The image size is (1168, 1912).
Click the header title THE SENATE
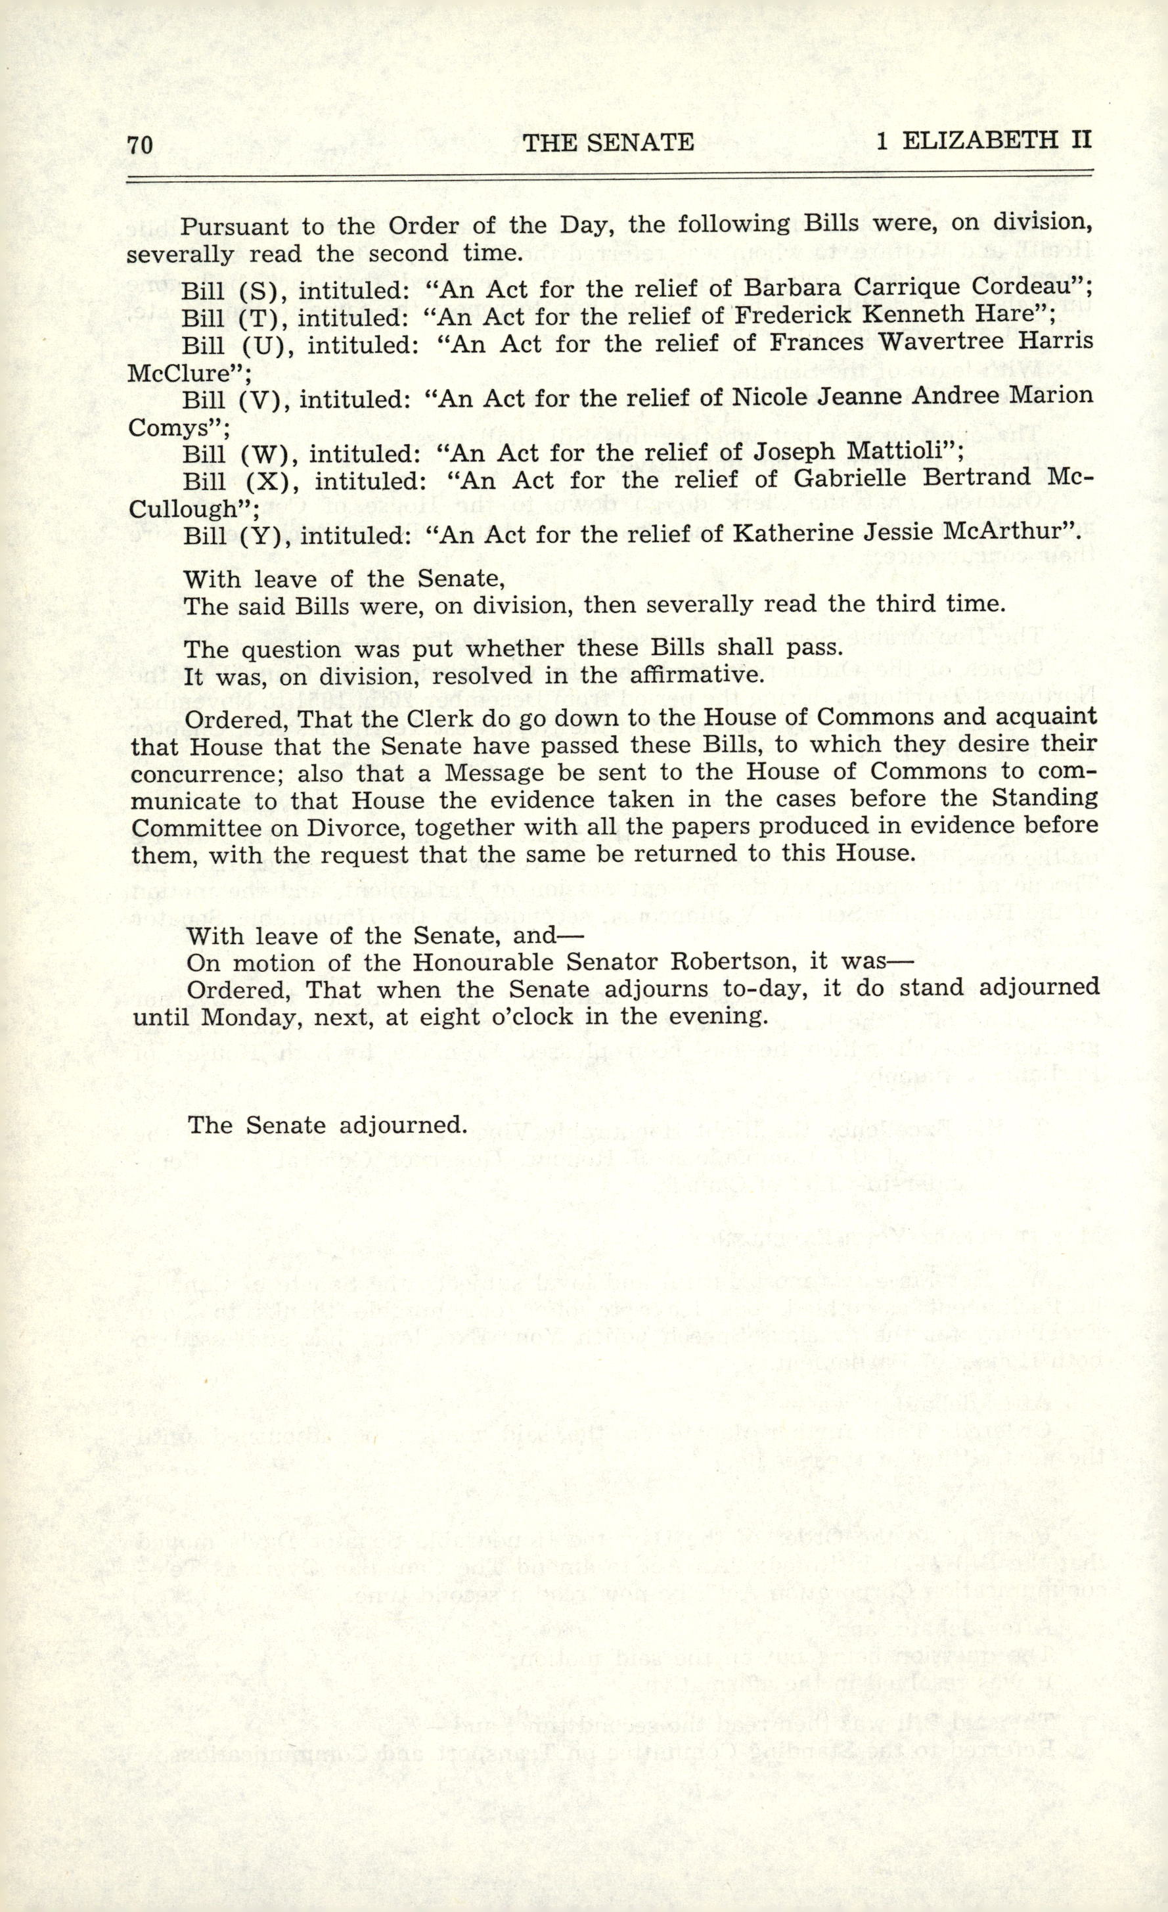point(608,142)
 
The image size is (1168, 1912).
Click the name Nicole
point(770,396)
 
